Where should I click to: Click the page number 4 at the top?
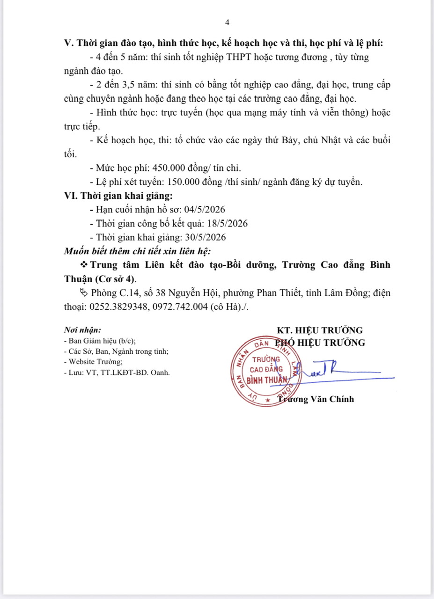point(227,22)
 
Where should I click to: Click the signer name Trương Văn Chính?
point(316,399)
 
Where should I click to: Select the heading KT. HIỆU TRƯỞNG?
point(320,330)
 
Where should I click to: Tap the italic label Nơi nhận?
point(82,330)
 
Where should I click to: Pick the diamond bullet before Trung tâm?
point(84,265)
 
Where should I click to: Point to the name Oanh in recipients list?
point(161,373)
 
